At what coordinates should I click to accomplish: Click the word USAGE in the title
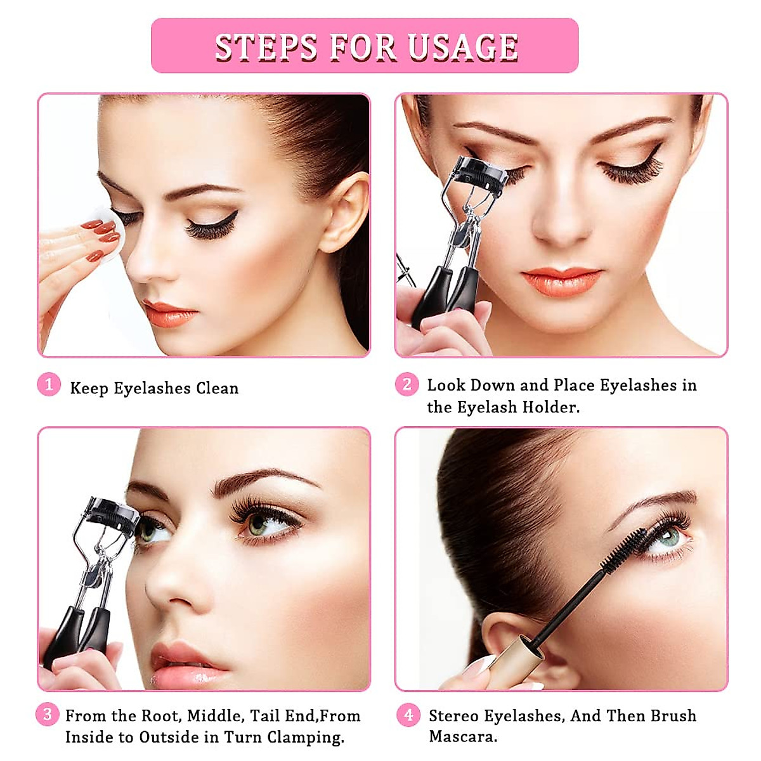coord(463,47)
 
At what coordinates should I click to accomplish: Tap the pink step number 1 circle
coord(49,384)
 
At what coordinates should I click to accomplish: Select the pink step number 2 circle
coord(407,384)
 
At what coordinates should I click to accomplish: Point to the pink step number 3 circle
coord(48,715)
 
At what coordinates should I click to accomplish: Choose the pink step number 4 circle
coord(408,715)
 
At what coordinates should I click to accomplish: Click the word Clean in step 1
coord(217,388)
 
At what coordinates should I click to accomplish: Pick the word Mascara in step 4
coord(462,737)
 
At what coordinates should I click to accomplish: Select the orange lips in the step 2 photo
coord(561,282)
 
